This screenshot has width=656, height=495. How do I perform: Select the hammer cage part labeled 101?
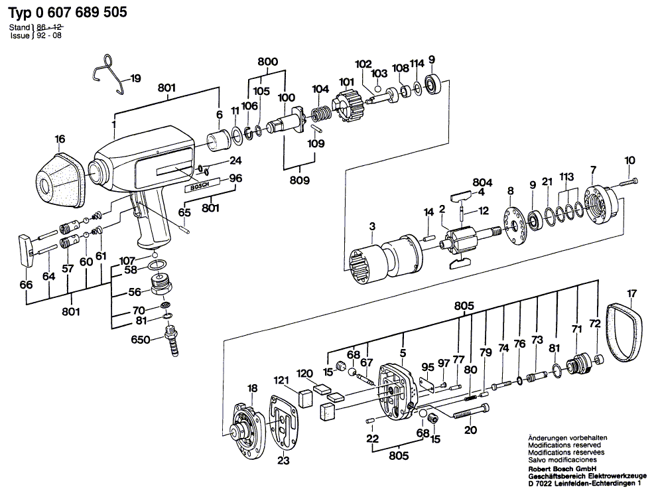346,107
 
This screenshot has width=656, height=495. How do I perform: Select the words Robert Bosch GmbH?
558,469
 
